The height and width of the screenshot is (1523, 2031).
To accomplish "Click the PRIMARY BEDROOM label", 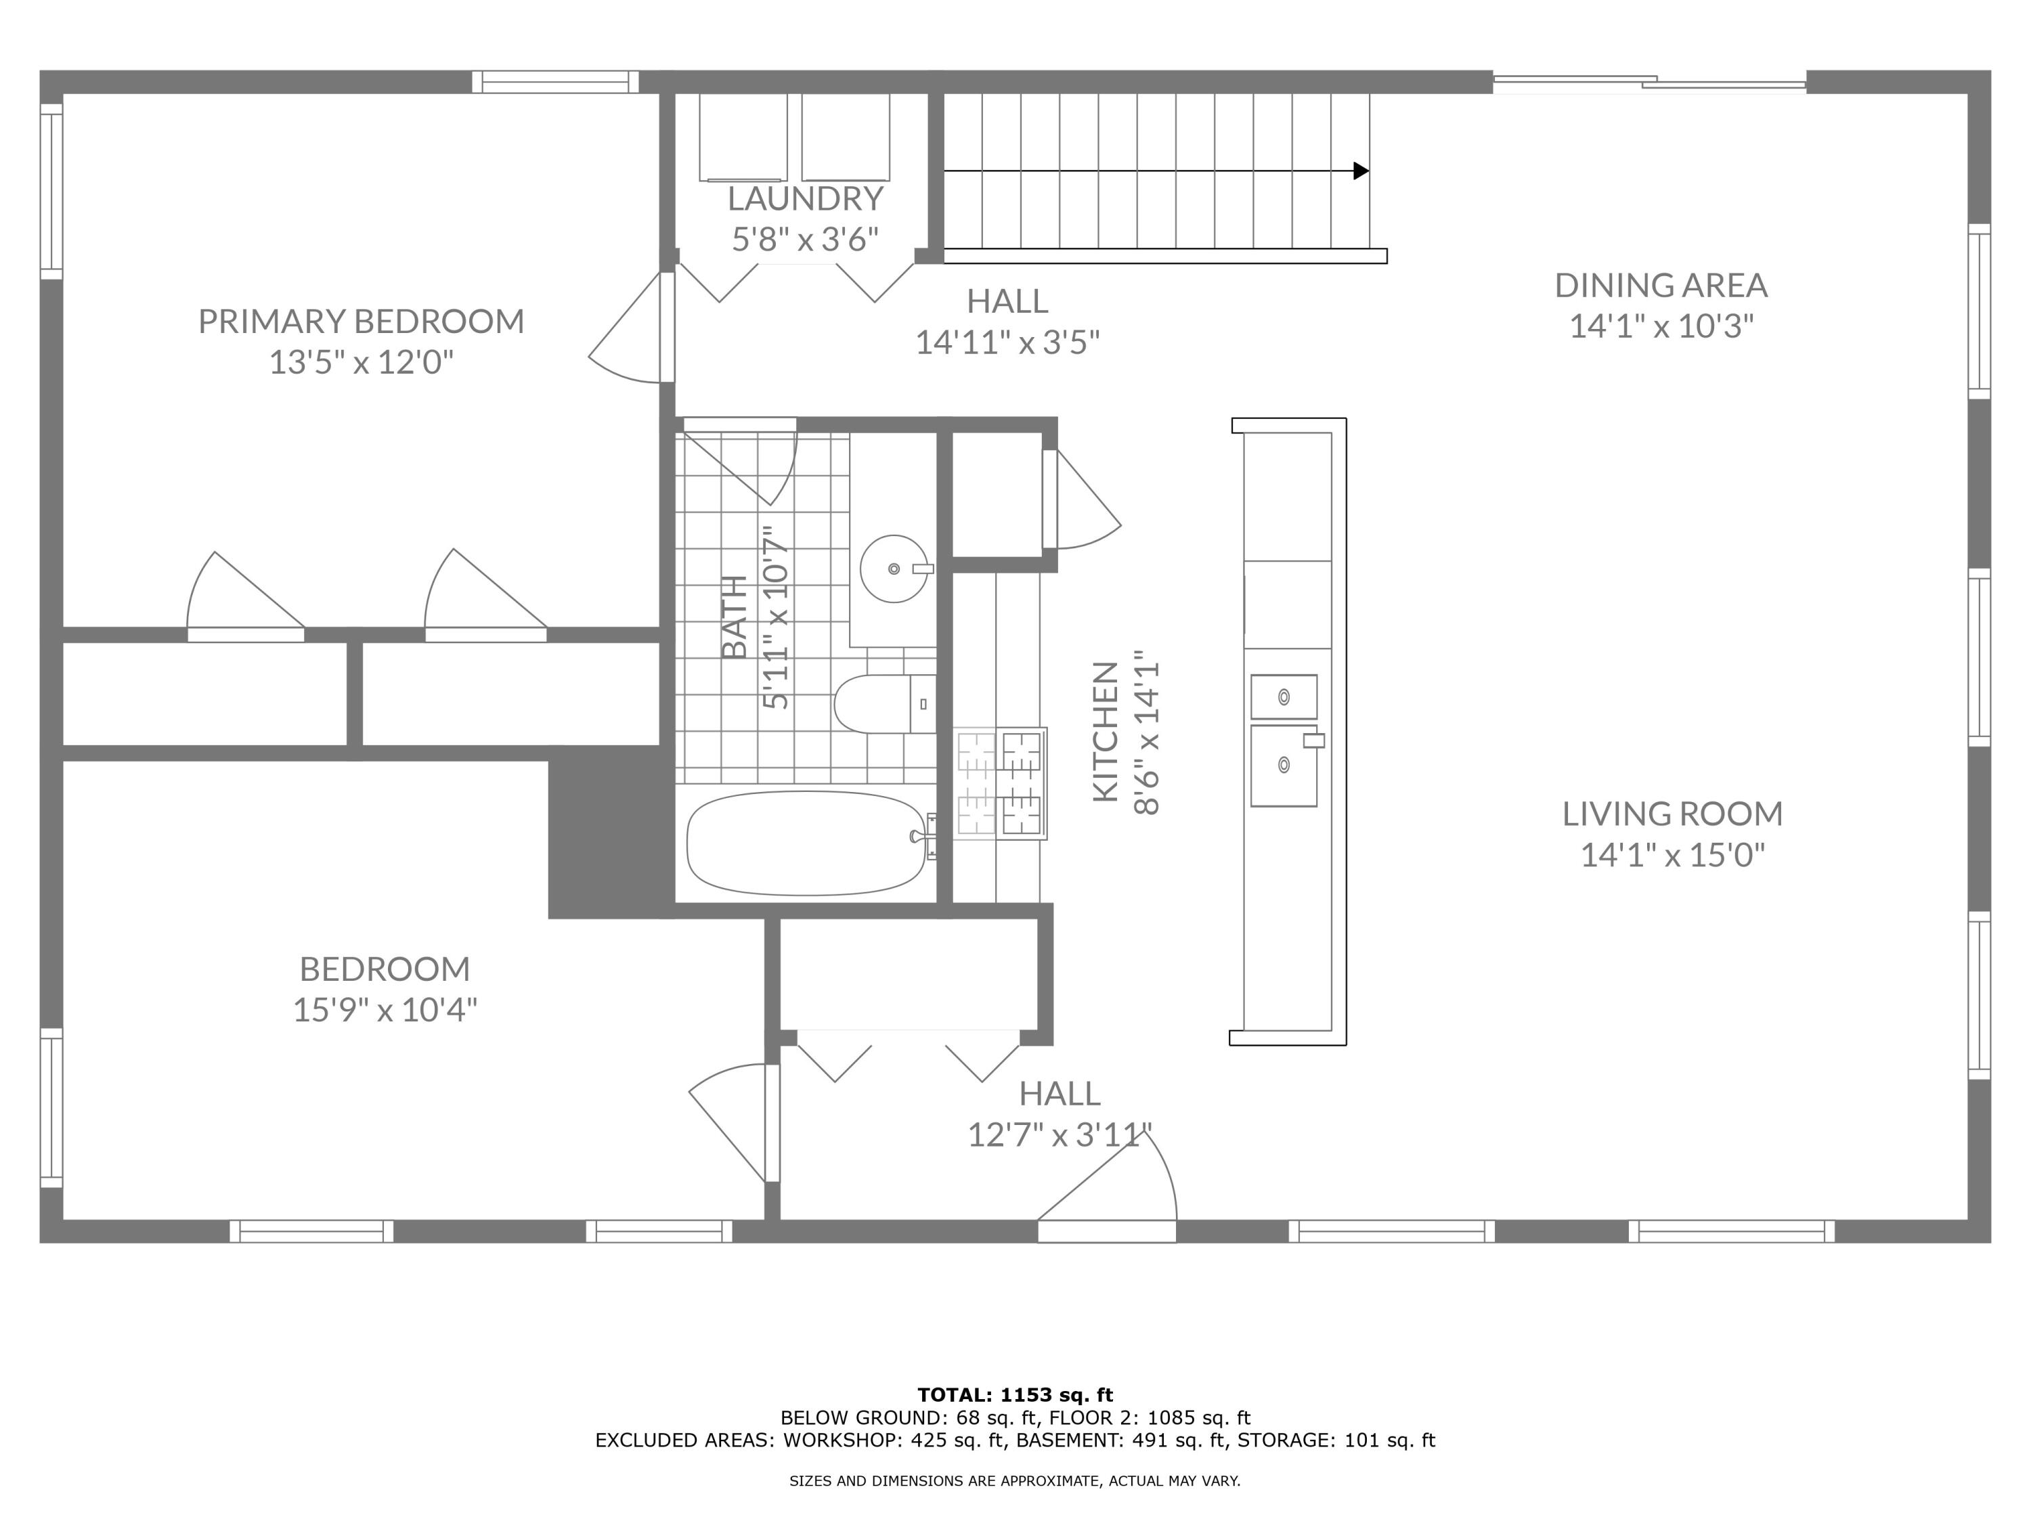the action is point(361,322).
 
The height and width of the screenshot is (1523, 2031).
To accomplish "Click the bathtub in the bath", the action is point(808,843).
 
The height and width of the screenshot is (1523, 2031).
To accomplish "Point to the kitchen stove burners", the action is point(1000,783).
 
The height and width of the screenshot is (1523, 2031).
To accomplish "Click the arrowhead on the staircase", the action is point(1361,171).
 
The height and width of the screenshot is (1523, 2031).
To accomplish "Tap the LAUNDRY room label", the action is point(805,198).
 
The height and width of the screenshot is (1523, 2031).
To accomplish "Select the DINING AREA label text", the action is point(1661,286).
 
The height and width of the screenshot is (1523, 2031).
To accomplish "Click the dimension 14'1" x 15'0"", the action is point(1673,856).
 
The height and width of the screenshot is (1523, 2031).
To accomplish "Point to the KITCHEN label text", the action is point(1106,732).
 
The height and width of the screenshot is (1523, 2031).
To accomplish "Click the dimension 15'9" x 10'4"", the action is point(385,1011).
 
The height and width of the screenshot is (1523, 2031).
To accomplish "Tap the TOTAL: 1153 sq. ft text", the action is point(1015,1395).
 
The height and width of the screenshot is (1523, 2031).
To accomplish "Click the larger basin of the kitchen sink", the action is point(1284,766).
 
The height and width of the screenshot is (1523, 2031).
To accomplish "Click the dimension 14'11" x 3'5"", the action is point(1007,343).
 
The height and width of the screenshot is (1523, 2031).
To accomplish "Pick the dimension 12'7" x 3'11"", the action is point(1060,1136).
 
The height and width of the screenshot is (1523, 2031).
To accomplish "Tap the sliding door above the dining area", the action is point(1650,83).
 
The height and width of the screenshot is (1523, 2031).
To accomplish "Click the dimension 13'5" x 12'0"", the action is point(361,363).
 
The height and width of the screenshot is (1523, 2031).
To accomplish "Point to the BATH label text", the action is point(735,617).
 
